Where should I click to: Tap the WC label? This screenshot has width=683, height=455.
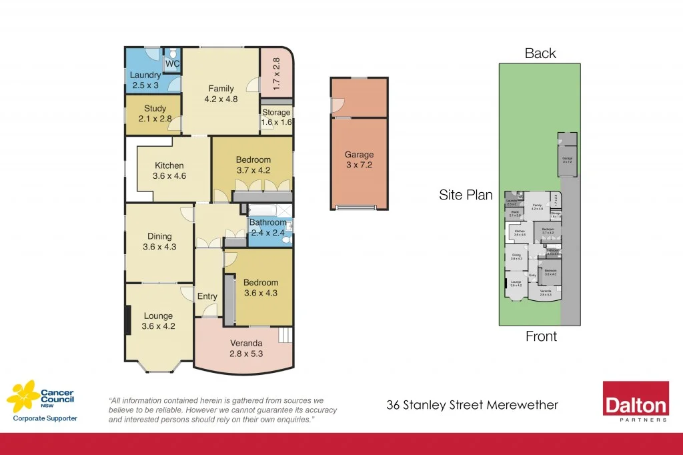tap(172, 64)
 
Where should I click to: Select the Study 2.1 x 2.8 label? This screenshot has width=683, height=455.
tap(155, 113)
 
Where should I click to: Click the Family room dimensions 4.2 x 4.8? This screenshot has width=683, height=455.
tap(221, 99)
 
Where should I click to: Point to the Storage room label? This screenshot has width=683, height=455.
tap(275, 113)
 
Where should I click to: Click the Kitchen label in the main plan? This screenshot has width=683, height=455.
tap(169, 166)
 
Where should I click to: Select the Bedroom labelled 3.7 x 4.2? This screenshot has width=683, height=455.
tap(253, 164)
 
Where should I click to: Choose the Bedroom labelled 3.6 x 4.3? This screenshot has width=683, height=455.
tap(260, 288)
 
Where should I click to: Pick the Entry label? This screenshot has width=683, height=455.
tap(207, 296)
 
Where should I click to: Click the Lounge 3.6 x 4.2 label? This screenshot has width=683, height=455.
tap(158, 321)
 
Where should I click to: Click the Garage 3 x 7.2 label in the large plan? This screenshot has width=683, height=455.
tap(359, 159)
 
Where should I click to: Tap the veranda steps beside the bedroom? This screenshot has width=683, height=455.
tap(285, 334)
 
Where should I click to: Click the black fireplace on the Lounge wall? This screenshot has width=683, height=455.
tap(127, 320)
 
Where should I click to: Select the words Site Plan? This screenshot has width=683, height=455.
tap(466, 195)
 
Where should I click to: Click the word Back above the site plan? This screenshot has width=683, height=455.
tap(540, 53)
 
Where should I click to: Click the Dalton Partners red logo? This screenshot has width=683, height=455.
tap(635, 402)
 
